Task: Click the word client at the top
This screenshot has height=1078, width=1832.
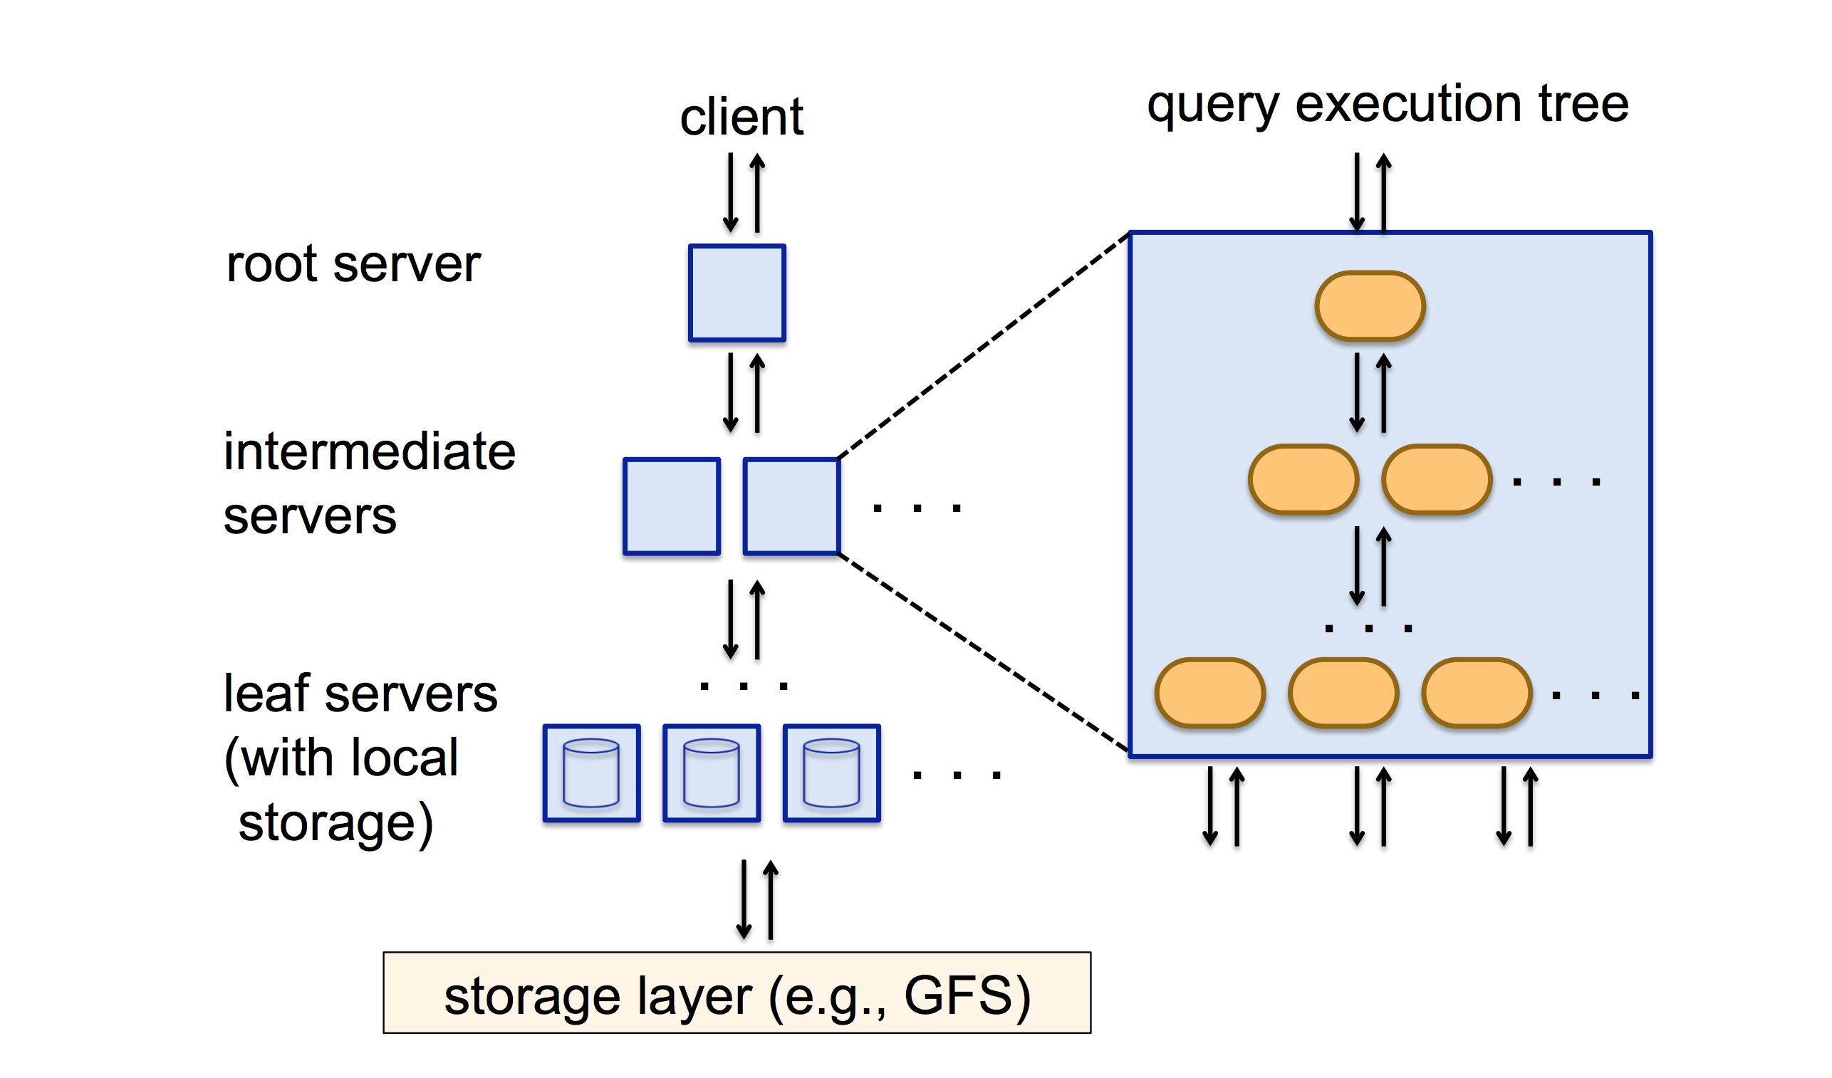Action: click(741, 117)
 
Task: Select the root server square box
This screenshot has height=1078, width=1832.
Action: click(737, 292)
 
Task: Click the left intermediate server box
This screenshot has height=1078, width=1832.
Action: click(671, 506)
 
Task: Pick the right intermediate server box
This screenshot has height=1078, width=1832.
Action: click(791, 506)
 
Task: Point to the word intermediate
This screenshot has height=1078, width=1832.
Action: click(369, 451)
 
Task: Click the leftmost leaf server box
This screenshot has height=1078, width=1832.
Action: click(591, 773)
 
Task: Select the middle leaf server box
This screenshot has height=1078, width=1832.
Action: click(711, 773)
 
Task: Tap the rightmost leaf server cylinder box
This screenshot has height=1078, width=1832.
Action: click(831, 773)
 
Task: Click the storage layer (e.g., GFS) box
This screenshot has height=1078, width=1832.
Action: click(737, 993)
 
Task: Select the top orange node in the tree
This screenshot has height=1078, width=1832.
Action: click(1370, 306)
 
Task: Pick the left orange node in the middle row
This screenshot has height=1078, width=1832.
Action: click(1303, 480)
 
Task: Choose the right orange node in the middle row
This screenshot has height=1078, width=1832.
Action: click(1437, 480)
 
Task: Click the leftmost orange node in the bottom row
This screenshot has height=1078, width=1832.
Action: click(1209, 694)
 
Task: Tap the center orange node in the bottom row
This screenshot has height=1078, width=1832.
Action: click(1343, 694)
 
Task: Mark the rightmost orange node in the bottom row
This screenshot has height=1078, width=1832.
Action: click(1477, 694)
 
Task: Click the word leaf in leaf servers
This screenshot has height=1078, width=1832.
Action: click(267, 694)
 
